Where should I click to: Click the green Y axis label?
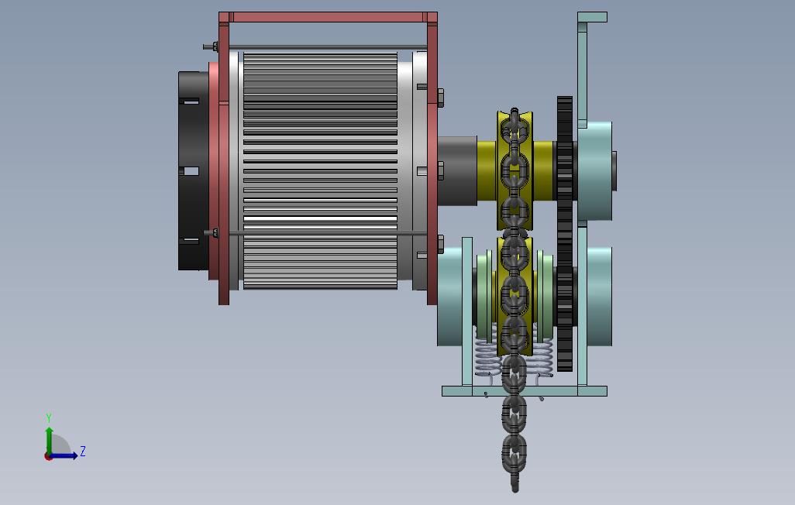coord(49,417)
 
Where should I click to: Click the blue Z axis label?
coord(83,451)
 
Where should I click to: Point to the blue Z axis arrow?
coord(64,455)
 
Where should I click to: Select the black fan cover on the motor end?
coord(193,171)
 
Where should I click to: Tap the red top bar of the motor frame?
coord(328,17)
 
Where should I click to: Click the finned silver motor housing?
coord(320,171)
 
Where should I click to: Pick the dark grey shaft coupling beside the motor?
coord(457,171)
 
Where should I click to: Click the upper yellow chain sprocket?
coord(515,171)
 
